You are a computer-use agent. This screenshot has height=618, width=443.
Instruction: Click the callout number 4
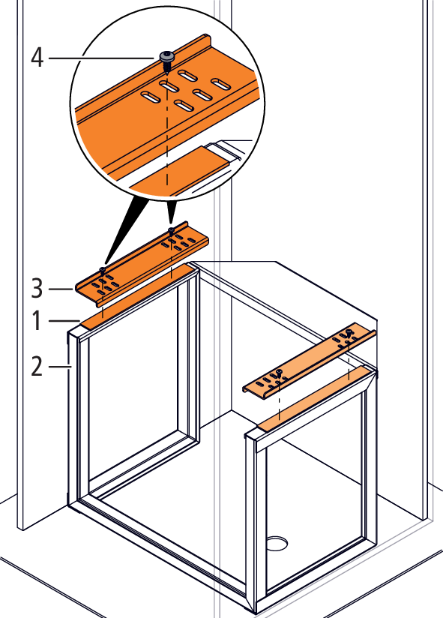[x=37, y=58]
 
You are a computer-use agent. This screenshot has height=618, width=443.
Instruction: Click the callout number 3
[x=37, y=288]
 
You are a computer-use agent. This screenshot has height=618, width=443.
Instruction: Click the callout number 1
[x=37, y=320]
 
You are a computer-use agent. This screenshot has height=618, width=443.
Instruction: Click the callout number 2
[x=37, y=366]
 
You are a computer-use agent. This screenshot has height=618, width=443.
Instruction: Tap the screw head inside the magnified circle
[x=167, y=56]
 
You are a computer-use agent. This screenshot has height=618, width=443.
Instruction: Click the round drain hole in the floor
[x=277, y=543]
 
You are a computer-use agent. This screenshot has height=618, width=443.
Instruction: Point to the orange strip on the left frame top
[x=138, y=296]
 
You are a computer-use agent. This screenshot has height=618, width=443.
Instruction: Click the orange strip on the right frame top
[x=314, y=397]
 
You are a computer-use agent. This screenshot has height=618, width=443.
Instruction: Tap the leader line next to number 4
[x=101, y=58]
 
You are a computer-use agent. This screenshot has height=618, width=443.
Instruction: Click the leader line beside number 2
[x=60, y=367]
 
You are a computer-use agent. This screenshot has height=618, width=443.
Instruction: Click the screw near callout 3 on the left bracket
[x=103, y=270]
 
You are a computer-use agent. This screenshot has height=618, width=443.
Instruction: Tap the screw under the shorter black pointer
[x=171, y=229]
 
